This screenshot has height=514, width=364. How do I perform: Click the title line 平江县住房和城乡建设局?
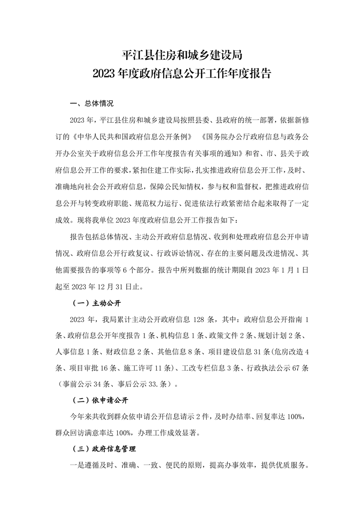coord(182,56)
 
